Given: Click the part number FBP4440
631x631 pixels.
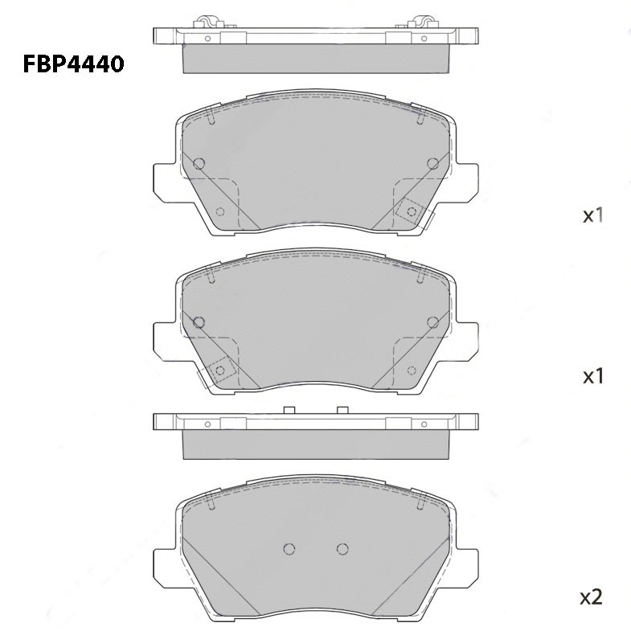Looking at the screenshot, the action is [x=73, y=64].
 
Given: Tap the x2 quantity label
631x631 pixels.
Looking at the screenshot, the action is [x=591, y=597].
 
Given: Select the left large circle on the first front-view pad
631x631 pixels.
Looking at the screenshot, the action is [x=199, y=163].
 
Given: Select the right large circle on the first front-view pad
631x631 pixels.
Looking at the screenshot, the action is [x=433, y=163].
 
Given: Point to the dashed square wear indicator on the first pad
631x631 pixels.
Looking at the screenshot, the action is [x=412, y=211].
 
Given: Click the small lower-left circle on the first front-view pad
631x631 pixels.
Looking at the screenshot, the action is [x=220, y=211].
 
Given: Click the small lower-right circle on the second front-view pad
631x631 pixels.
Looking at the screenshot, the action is [x=412, y=371].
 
